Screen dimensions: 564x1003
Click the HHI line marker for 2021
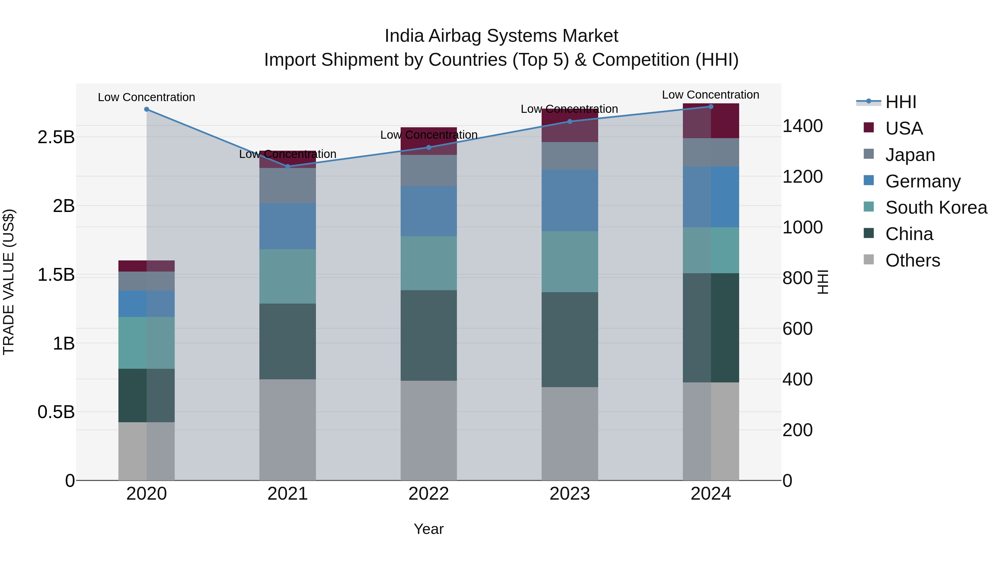[288, 167]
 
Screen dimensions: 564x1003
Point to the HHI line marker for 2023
[570, 121]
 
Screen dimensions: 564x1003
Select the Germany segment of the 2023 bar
[570, 201]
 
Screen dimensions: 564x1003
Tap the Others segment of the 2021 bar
[288, 430]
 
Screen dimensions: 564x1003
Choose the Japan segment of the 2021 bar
[288, 186]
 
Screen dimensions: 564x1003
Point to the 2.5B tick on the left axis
[56, 137]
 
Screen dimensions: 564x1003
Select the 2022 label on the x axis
[429, 494]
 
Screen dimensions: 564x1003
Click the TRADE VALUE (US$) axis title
[9, 282]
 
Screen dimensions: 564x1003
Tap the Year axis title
[429, 529]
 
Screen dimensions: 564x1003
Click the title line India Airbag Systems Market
[501, 36]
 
